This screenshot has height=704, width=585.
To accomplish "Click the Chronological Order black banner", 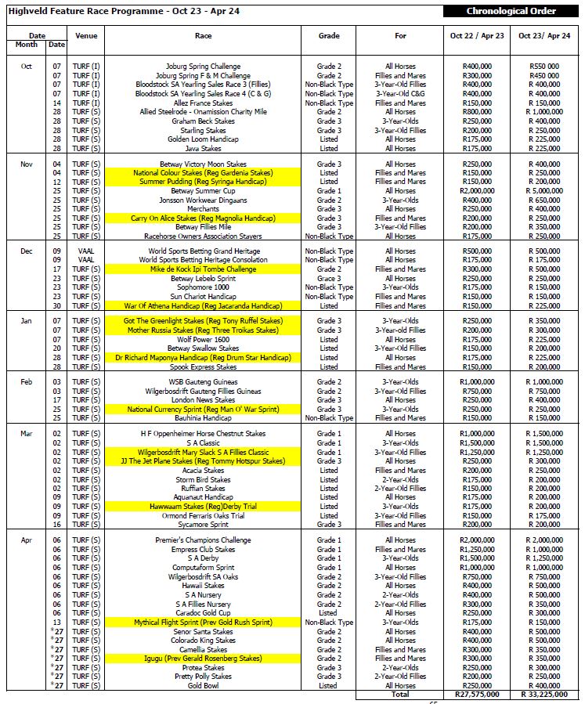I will click(x=511, y=11).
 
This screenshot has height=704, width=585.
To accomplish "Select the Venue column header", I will click(x=86, y=36).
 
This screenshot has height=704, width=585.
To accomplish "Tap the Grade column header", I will click(x=329, y=36).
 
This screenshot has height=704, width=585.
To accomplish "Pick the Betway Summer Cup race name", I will click(x=203, y=191).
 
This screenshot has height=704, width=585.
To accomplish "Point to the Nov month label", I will click(x=26, y=164).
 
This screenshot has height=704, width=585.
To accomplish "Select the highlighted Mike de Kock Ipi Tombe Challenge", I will click(x=203, y=269).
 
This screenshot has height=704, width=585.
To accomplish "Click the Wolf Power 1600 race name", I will click(x=203, y=340).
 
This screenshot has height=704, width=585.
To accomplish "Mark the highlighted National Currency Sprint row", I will click(x=203, y=409).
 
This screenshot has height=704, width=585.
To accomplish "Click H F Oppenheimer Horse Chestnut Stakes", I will click(x=203, y=434).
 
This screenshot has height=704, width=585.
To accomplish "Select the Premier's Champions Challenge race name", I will click(x=203, y=540).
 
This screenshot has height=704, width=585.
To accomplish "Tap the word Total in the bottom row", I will click(x=401, y=695).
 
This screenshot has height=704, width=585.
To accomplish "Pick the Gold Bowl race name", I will click(x=203, y=686).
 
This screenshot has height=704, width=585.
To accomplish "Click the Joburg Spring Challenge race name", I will click(x=203, y=67).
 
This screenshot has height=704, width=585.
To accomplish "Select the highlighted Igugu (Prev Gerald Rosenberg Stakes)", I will click(x=203, y=659).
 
